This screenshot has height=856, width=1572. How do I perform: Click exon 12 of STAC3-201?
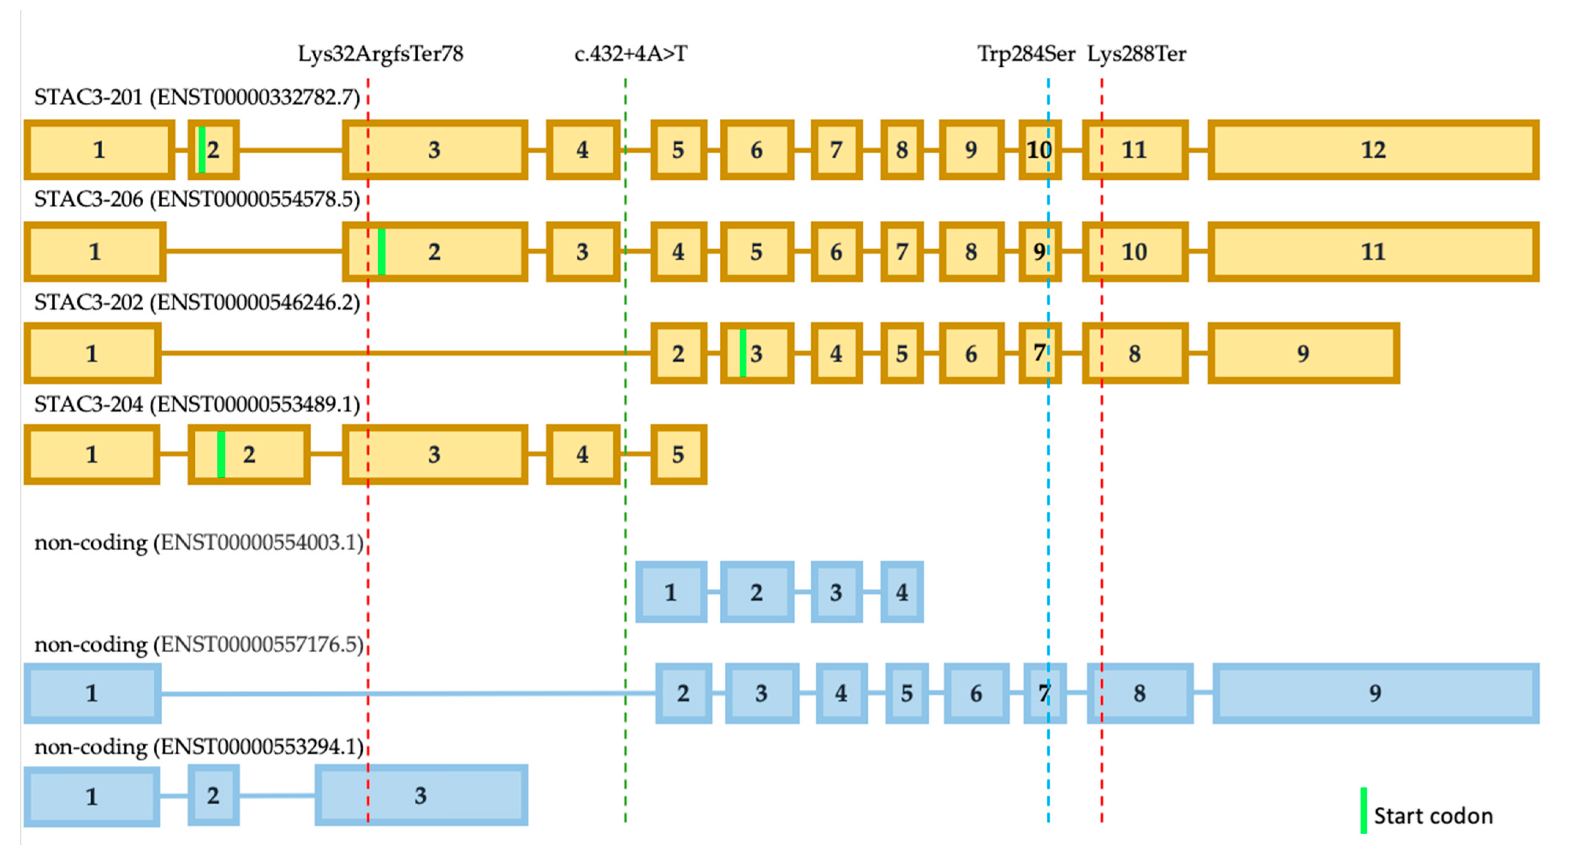pyautogui.click(x=1373, y=150)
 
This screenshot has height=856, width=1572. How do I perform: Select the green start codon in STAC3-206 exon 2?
pyautogui.click(x=381, y=251)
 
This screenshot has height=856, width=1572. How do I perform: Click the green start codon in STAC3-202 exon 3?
pyautogui.click(x=743, y=353)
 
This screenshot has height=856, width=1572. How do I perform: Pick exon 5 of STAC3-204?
pyautogui.click(x=678, y=455)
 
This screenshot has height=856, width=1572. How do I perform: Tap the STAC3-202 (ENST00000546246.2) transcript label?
pyautogui.click(x=196, y=302)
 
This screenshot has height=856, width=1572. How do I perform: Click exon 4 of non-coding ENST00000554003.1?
pyautogui.click(x=901, y=592)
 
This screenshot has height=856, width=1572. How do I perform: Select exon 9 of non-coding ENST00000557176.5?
pyautogui.click(x=1375, y=693)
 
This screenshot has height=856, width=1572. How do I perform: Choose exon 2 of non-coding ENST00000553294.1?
pyautogui.click(x=213, y=795)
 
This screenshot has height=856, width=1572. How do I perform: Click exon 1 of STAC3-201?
pyautogui.click(x=99, y=150)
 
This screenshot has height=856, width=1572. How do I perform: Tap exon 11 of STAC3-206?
pyautogui.click(x=1373, y=251)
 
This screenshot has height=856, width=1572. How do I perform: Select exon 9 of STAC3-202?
pyautogui.click(x=1303, y=353)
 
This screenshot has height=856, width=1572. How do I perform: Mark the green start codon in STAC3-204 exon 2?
pyautogui.click(x=221, y=455)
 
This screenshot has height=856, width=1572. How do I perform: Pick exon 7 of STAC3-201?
pyautogui.click(x=836, y=150)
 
